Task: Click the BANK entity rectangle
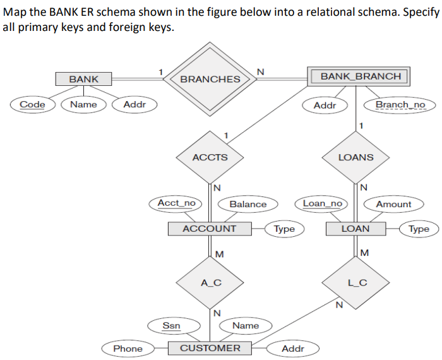click(83, 79)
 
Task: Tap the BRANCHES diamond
click(210, 79)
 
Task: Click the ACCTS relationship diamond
click(210, 157)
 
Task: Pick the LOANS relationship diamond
click(355, 157)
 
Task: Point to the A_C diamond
click(210, 282)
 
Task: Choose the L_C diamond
click(357, 282)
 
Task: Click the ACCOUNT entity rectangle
click(209, 229)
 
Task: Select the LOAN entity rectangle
click(355, 229)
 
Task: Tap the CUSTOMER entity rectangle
click(210, 348)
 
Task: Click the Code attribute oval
click(32, 104)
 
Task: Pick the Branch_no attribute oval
click(400, 104)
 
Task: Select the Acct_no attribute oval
click(176, 203)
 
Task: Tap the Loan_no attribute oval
click(322, 203)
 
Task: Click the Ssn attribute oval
click(171, 325)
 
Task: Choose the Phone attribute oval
click(128, 348)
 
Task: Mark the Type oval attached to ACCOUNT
click(284, 229)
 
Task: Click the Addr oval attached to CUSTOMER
click(292, 348)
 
